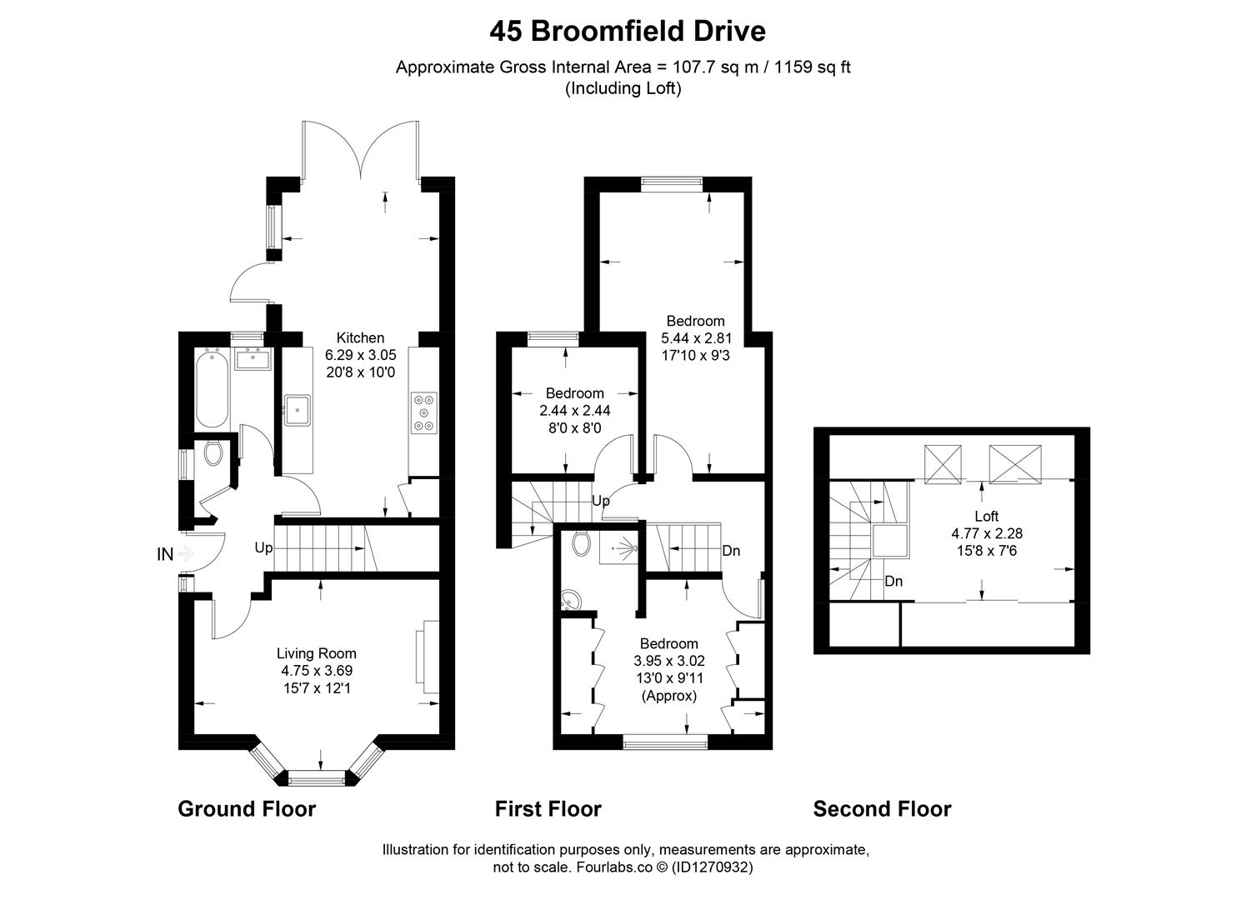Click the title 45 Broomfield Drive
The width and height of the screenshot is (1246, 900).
click(627, 32)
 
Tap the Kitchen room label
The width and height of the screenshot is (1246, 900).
click(360, 337)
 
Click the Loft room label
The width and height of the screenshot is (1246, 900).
click(987, 516)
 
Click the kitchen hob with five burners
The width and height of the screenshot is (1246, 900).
click(425, 412)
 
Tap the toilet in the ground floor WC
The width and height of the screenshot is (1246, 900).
click(213, 454)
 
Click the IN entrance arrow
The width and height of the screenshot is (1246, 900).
click(184, 553)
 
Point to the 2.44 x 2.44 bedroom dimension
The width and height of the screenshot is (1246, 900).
click(574, 411)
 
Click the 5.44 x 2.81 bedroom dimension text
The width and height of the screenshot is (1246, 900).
click(696, 338)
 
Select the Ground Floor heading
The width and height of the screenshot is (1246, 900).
click(247, 808)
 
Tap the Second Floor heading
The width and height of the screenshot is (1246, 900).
click(882, 808)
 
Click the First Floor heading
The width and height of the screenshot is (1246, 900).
click(548, 808)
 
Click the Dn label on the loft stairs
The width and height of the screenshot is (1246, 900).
click(893, 581)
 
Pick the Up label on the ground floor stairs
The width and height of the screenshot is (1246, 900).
click(263, 547)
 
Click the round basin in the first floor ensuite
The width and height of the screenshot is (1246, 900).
click(572, 601)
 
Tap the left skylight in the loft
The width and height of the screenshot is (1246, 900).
click(943, 463)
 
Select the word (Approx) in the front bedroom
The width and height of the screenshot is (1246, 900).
click(668, 695)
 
